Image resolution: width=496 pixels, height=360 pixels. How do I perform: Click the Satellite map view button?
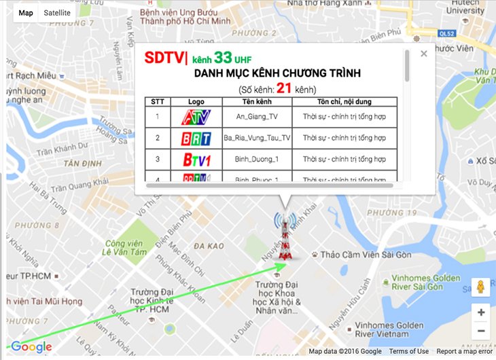(57, 13)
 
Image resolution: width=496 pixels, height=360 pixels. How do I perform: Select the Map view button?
(26, 13)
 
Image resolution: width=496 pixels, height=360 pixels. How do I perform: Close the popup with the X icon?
(424, 54)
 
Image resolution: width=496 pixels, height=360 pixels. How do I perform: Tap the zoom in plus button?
(481, 312)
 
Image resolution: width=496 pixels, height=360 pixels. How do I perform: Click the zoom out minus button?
(481, 331)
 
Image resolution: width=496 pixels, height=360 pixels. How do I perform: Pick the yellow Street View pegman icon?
(481, 287)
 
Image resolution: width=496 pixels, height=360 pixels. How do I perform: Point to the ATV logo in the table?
(196, 117)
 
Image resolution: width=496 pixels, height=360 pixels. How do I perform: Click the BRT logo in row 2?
(196, 139)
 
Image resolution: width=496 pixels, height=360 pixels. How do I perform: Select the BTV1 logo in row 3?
(196, 160)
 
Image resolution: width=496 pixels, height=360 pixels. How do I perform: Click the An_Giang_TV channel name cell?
(257, 117)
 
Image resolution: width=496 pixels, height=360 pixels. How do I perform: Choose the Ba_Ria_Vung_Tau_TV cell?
(257, 138)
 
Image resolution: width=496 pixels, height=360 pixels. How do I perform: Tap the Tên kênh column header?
(257, 102)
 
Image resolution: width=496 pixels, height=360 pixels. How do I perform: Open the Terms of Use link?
(408, 351)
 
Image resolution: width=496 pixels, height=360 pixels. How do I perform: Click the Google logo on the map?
(31, 347)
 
